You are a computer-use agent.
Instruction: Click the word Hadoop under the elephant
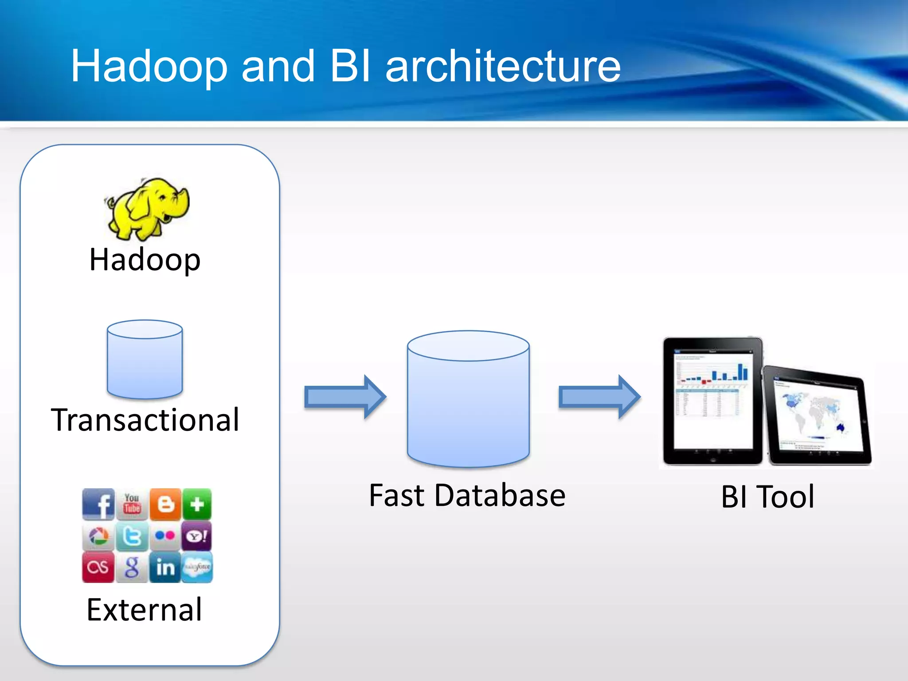145,260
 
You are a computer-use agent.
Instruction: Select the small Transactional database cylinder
145,359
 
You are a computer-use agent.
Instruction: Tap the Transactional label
145,420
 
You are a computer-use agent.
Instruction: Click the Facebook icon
98,504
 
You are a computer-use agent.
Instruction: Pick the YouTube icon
132,504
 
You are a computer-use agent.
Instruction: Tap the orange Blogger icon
165,504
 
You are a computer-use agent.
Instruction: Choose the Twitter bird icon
132,536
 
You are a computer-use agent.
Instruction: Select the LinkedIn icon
165,567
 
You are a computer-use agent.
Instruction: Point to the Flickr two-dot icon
165,536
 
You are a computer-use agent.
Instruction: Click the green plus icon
197,504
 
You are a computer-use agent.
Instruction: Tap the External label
145,610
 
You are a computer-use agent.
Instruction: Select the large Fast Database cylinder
468,399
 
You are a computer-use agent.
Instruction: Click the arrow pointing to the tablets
599,397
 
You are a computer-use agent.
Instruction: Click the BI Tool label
767,497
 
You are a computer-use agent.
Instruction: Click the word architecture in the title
503,67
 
